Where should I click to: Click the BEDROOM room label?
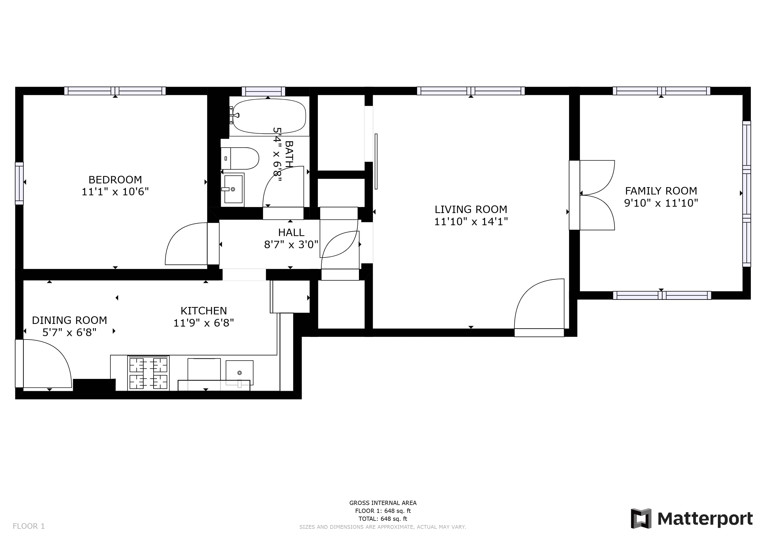[115, 179]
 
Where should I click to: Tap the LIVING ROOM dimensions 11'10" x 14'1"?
[471, 222]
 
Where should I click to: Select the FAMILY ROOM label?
[661, 191]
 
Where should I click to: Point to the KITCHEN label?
[203, 311]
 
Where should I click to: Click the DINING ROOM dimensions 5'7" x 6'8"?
[69, 332]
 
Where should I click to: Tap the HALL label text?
[291, 232]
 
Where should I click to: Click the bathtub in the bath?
[269, 116]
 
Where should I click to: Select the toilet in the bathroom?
[240, 158]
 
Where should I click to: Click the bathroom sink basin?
[233, 189]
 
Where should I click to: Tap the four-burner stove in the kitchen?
[148, 373]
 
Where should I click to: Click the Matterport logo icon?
[641, 519]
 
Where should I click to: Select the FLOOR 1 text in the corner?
[29, 526]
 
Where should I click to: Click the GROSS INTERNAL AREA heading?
[383, 503]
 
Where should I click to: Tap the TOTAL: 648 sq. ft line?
[383, 519]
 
